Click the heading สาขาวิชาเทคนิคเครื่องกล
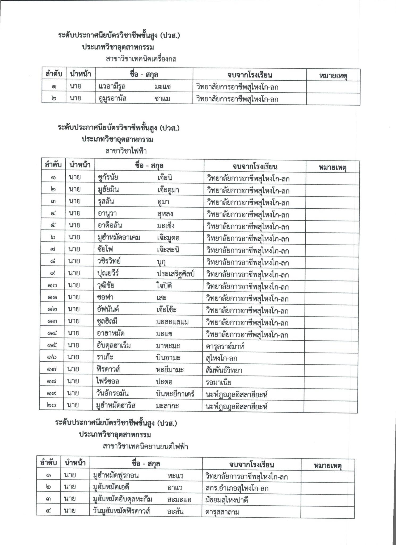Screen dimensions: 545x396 pyautogui.click(x=141, y=59)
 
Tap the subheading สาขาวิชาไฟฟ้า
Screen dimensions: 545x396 pyautogui.click(x=126, y=151)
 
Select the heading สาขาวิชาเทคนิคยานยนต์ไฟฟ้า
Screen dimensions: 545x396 pyautogui.click(x=145, y=447)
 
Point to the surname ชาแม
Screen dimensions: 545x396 pyautogui.click(x=162, y=99)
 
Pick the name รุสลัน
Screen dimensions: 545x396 pyautogui.click(x=106, y=201)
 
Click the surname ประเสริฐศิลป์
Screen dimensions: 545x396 pyautogui.click(x=176, y=274)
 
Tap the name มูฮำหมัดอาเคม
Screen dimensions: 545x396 pyautogui.click(x=119, y=237)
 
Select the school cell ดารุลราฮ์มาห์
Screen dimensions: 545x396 pyautogui.click(x=225, y=346)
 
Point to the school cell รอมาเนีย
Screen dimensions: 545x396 pyautogui.click(x=218, y=382)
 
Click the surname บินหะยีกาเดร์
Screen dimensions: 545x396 pyautogui.click(x=175, y=394)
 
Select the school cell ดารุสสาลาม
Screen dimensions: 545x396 pyautogui.click(x=222, y=512)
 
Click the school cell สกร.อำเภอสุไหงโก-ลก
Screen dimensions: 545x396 pyautogui.click(x=237, y=488)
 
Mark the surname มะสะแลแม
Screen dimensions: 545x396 pyautogui.click(x=172, y=322)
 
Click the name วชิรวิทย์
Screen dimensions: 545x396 pyautogui.click(x=109, y=261)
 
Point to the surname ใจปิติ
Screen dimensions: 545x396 pyautogui.click(x=164, y=286)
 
